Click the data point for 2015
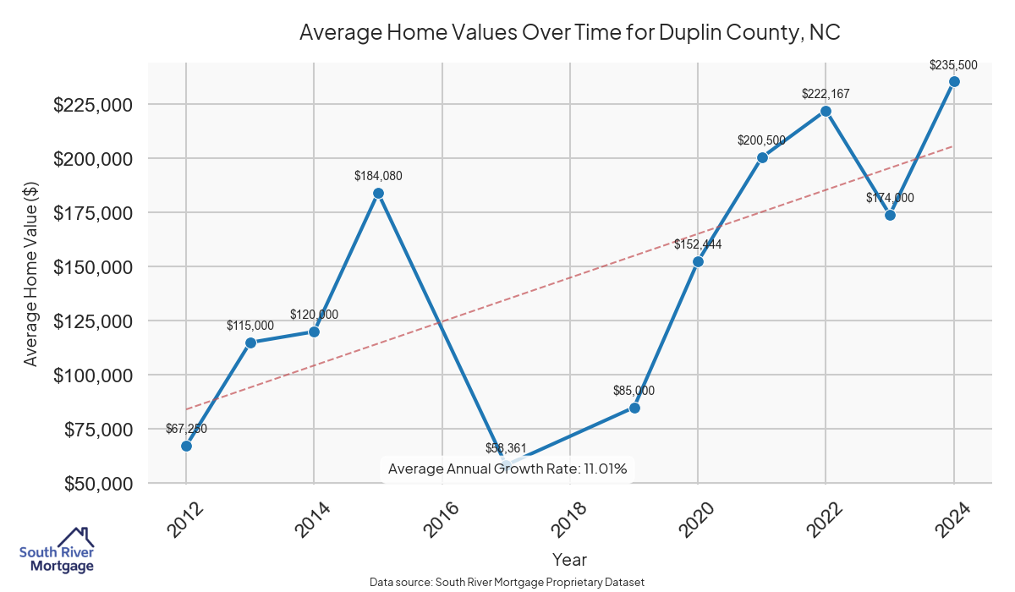click(x=378, y=193)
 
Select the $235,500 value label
click(x=953, y=64)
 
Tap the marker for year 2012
click(x=186, y=446)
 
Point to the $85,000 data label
click(x=634, y=391)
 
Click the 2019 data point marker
click(x=634, y=408)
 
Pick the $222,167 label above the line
click(x=826, y=94)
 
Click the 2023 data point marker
click(x=890, y=215)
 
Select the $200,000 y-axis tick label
click(x=94, y=159)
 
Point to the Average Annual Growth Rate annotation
click(x=507, y=469)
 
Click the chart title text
click(x=569, y=33)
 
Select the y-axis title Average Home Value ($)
click(x=31, y=273)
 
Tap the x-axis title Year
click(x=569, y=559)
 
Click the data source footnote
click(x=507, y=582)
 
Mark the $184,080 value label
click(x=378, y=176)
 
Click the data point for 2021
click(x=762, y=157)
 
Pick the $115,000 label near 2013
click(x=250, y=326)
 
